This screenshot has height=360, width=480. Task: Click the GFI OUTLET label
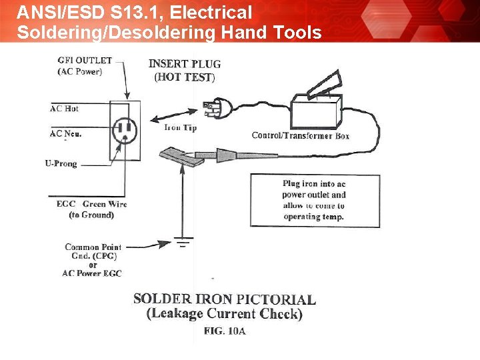tap(84, 61)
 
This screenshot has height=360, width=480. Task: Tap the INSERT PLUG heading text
tap(184, 65)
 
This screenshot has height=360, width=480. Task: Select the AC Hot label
tap(64, 108)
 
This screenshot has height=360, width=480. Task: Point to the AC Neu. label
tap(65, 133)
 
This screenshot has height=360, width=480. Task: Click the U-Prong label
tap(61, 163)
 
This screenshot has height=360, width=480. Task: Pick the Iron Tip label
tap(180, 127)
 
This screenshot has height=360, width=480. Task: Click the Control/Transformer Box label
tap(300, 135)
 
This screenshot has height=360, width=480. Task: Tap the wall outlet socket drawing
tap(124, 130)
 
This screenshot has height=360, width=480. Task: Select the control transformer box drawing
tap(315, 112)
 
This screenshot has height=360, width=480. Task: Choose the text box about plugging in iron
tap(313, 200)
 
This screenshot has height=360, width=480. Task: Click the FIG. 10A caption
tap(225, 331)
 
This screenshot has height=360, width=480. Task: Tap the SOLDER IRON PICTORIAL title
tap(225, 299)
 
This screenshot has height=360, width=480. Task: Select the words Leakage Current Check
tap(225, 314)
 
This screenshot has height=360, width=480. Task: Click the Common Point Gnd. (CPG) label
tap(93, 251)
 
